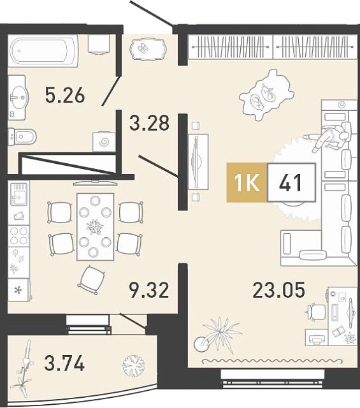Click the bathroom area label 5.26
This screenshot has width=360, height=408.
[x=65, y=95]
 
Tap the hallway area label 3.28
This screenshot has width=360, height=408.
[x=149, y=122]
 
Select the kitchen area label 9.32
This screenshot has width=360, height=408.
[x=149, y=290]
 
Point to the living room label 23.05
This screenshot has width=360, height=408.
[x=278, y=290]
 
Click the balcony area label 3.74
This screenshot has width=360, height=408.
[x=64, y=363]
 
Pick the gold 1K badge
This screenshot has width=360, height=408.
[x=247, y=182]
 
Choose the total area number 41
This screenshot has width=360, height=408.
[x=291, y=182]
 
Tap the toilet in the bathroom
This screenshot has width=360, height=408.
[x=22, y=136]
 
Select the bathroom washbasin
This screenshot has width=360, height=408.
[x=18, y=98]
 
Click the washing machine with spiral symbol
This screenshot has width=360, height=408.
[x=104, y=142]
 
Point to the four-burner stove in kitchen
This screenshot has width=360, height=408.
[x=18, y=236]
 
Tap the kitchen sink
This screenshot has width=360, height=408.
[x=18, y=194]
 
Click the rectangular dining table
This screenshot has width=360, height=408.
[x=95, y=227]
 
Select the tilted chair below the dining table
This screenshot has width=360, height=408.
[x=92, y=280]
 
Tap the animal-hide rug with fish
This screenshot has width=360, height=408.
[x=266, y=95]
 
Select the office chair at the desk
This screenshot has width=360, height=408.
[x=315, y=312]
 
